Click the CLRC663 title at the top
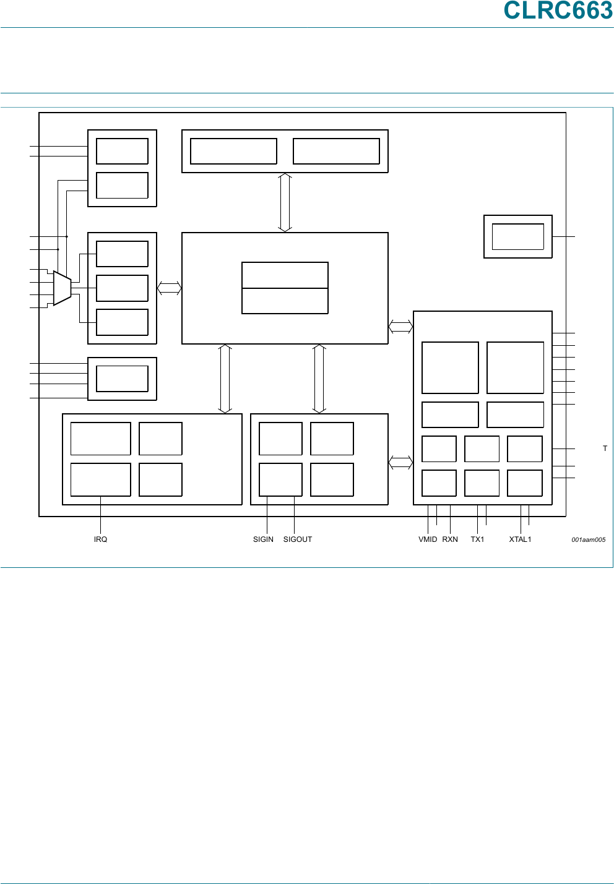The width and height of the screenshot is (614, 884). tap(558, 11)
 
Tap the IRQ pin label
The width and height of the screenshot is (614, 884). tap(100, 539)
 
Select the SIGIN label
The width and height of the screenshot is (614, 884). tap(263, 539)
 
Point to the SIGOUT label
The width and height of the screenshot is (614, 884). tap(298, 539)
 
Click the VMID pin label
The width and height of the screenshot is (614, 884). tap(428, 539)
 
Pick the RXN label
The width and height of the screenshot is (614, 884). tap(450, 539)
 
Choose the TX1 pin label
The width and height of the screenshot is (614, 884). tap(477, 539)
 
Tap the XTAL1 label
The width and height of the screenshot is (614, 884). tap(520, 539)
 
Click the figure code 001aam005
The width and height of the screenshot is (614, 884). tap(588, 540)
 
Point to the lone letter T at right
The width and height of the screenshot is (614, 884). tap(605, 448)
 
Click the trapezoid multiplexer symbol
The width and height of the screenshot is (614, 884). tap(63, 288)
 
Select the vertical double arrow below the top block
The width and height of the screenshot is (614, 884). tap(285, 202)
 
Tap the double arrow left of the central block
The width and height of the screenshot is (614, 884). tap(169, 288)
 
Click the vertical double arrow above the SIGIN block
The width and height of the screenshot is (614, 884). tap(319, 379)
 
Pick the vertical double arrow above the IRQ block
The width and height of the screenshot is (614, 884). tap(225, 379)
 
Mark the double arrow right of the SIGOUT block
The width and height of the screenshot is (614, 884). tap(400, 462)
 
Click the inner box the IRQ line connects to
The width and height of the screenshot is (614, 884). tap(100, 479)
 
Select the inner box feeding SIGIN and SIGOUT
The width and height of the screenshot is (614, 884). tap(280, 479)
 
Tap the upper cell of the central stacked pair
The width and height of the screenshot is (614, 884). tap(285, 275)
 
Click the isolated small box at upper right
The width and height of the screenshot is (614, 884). tap(517, 236)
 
